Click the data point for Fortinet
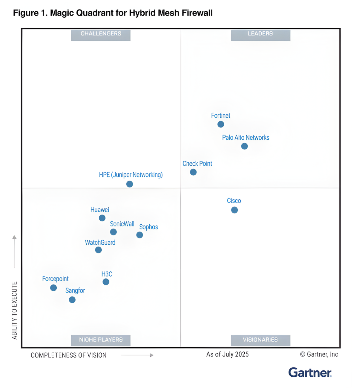[221, 124]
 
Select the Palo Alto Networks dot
[244, 146]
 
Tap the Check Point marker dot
[193, 172]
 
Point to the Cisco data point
[234, 210]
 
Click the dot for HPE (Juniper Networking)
[130, 184]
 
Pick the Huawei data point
[102, 218]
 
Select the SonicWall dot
[113, 232]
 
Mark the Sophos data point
[139, 235]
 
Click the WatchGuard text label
[100, 242]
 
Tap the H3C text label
[107, 274]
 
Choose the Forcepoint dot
[53, 288]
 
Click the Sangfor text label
[75, 290]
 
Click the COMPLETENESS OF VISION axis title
[69, 355]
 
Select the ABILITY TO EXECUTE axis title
[14, 310]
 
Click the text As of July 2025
[227, 354]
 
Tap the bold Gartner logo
[310, 373]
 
